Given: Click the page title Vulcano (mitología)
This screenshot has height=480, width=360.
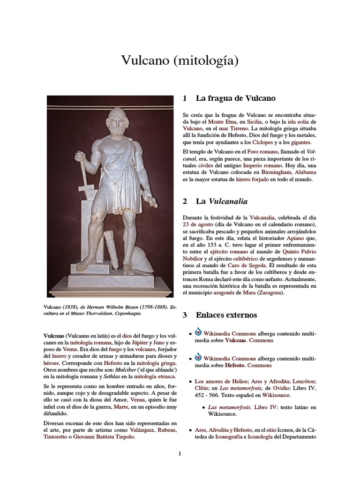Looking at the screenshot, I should [180, 60].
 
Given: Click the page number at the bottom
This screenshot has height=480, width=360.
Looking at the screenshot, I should [180, 453].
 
